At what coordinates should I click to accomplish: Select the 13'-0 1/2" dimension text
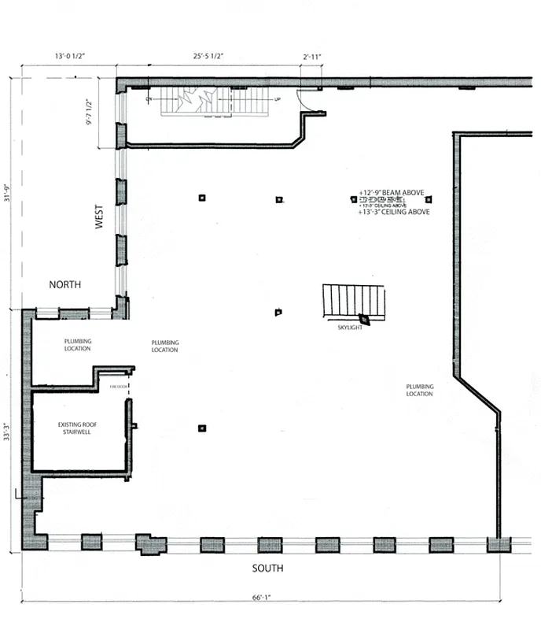coord(69,57)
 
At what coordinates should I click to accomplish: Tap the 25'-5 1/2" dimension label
coord(208,57)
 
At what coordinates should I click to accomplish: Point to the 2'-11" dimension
coord(312,57)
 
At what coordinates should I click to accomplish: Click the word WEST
coord(100,217)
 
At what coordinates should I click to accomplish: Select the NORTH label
coord(65,284)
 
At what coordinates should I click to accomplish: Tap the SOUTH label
coord(268,568)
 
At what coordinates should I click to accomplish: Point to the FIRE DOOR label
coord(119,387)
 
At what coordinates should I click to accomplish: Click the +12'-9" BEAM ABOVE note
coord(396,192)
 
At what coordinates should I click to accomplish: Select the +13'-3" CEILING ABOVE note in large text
coord(393,212)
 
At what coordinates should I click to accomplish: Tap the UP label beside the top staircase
coord(277,100)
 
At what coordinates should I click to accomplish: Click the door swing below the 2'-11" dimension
coord(305,100)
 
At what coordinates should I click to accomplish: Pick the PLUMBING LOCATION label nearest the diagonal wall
coord(419,390)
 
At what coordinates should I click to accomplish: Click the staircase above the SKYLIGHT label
coord(353,300)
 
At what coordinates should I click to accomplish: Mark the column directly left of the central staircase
coord(278,313)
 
